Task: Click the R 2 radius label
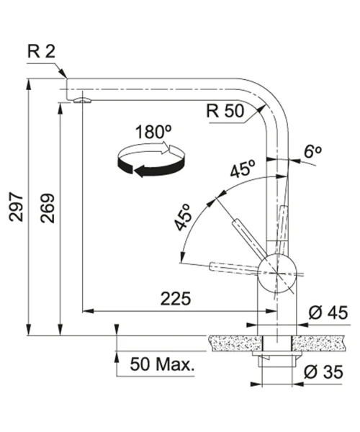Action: tap(41, 51)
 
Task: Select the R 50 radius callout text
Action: tap(225, 111)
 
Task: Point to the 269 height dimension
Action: tap(48, 208)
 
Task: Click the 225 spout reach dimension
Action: tap(176, 299)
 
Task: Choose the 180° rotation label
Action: tap(153, 132)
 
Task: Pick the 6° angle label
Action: tap(312, 151)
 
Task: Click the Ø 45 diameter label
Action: tap(328, 312)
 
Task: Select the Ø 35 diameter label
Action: tap(323, 372)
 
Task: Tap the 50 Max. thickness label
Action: tap(162, 364)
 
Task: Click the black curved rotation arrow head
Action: tap(140, 171)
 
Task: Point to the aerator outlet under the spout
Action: tap(82, 100)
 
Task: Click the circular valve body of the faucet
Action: tap(276, 274)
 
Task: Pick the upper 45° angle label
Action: tap(243, 168)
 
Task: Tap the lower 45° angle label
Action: tap(182, 217)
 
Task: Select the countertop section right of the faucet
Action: tap(318, 343)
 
